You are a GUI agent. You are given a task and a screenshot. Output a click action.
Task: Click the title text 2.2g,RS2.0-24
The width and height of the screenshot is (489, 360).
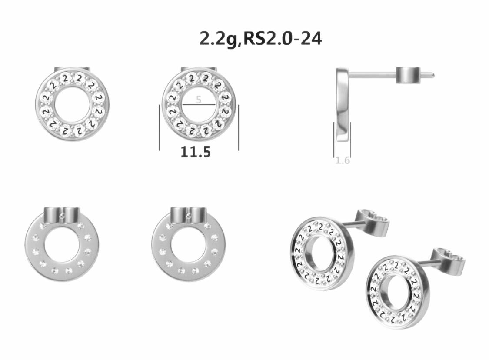click(260, 39)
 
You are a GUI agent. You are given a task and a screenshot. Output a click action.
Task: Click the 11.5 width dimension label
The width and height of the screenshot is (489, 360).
click(196, 152)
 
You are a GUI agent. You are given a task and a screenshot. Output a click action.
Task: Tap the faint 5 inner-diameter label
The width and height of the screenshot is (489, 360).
click(199, 99)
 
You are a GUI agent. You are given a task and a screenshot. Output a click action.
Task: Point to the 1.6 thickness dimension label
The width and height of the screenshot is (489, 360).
click(343, 160)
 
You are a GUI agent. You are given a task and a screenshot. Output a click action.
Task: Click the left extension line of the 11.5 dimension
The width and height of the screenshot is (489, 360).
click(160, 128)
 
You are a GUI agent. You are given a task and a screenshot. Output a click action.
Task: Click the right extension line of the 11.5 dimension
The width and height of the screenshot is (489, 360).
click(239, 128)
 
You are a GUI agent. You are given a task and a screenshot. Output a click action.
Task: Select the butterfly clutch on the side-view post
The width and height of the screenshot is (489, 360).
click(408, 75)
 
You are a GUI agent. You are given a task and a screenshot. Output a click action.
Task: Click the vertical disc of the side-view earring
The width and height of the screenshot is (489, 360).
click(342, 104)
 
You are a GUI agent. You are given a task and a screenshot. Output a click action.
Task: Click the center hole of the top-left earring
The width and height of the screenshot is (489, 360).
click(72, 104)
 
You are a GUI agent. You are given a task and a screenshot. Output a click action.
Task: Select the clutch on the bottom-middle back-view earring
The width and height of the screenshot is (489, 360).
click(188, 214)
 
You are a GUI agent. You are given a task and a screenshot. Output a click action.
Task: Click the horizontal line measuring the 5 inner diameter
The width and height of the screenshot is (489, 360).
click(199, 105)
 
